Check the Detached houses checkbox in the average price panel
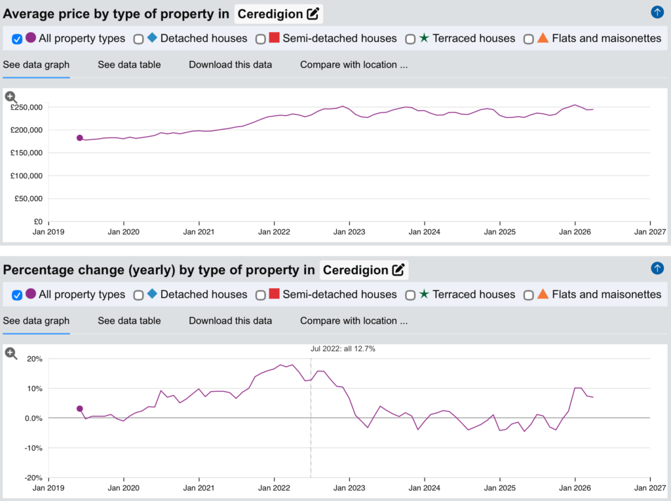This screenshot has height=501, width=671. click(x=138, y=39)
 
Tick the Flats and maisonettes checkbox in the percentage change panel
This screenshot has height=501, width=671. click(x=529, y=295)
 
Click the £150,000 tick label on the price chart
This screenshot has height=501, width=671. click(x=26, y=153)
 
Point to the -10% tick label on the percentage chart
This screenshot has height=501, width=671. click(x=33, y=448)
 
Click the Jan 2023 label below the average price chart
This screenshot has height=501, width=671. click(x=349, y=232)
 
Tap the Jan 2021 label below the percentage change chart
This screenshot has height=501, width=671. click(x=199, y=488)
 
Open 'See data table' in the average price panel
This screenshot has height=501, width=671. click(x=129, y=65)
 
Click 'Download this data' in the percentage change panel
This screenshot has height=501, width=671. click(x=230, y=321)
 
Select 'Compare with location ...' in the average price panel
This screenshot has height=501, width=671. click(x=354, y=65)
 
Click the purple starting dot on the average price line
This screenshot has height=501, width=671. click(x=79, y=138)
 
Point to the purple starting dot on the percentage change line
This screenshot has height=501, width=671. click(x=79, y=409)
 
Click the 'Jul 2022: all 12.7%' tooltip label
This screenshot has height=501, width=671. click(x=343, y=348)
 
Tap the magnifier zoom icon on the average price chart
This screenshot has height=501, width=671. click(x=11, y=97)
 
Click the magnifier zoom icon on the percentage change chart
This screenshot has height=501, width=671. click(x=11, y=354)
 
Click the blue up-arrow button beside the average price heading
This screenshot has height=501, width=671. click(x=657, y=12)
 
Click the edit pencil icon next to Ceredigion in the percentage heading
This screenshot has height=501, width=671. click(x=398, y=270)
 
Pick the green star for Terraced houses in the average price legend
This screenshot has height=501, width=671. click(x=424, y=37)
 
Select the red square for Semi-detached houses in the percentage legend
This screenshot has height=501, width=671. click(x=275, y=293)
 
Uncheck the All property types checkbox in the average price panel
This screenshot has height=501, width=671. click(x=17, y=39)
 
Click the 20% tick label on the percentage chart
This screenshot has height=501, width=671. click(x=35, y=359)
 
